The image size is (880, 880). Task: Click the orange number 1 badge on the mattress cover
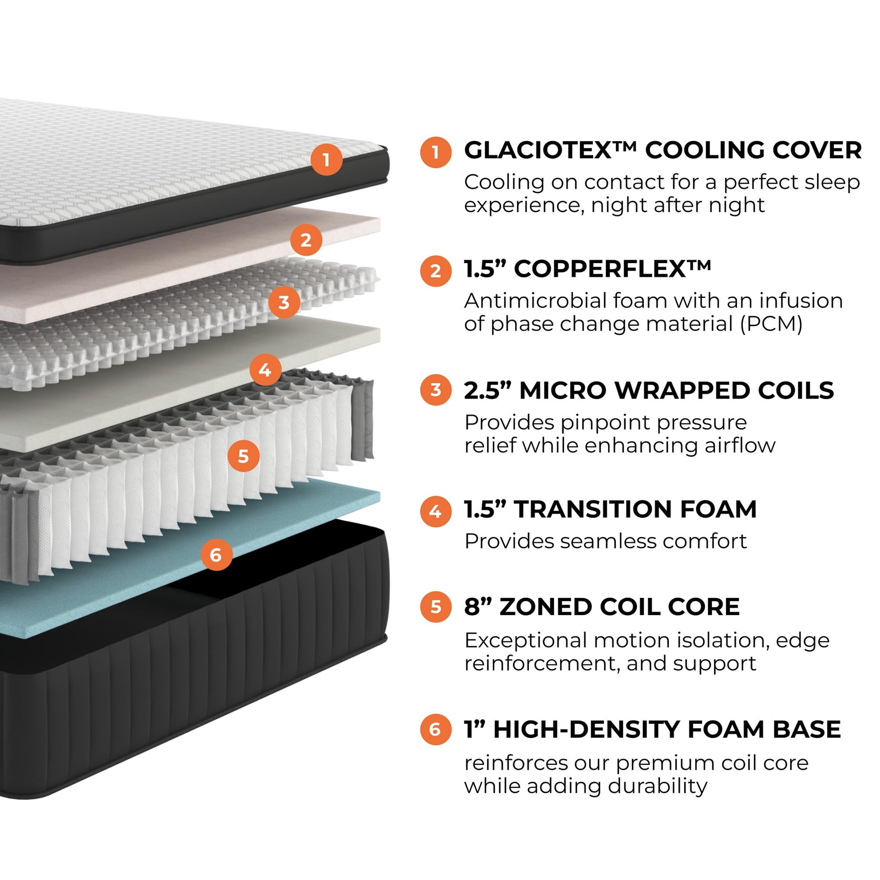click(327, 160)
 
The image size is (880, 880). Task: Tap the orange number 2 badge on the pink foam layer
click(306, 240)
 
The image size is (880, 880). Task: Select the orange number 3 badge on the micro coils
click(284, 302)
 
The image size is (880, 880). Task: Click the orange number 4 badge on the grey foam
click(265, 370)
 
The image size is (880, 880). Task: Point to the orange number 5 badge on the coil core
click(244, 456)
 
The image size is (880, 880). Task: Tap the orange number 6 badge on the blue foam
click(216, 554)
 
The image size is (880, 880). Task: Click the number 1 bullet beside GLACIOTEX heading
click(435, 152)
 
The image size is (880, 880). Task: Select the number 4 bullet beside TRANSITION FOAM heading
click(435, 511)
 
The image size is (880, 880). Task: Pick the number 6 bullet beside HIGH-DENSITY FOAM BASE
click(435, 729)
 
